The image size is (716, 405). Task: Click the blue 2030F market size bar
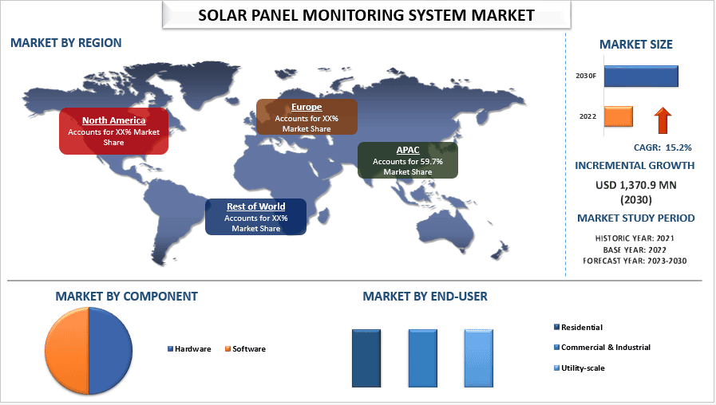pyautogui.click(x=641, y=77)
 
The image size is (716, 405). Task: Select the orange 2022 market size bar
pyautogui.click(x=619, y=116)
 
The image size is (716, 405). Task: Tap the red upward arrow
pyautogui.click(x=663, y=120)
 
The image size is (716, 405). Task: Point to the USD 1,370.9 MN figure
pyautogui.click(x=636, y=185)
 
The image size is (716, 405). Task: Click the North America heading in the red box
pyautogui.click(x=113, y=120)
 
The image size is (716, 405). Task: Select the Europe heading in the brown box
pyautogui.click(x=307, y=107)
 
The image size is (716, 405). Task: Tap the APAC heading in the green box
pyautogui.click(x=408, y=150)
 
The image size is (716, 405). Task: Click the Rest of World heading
pyautogui.click(x=255, y=206)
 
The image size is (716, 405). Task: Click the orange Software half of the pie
pyautogui.click(x=67, y=350)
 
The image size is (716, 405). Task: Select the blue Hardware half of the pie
pyautogui.click(x=111, y=350)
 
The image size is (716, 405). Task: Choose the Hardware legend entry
pyautogui.click(x=189, y=349)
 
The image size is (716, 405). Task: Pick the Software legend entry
pyautogui.click(x=245, y=349)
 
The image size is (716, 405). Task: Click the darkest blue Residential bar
pyautogui.click(x=366, y=358)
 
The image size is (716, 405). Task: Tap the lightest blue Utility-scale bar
pyautogui.click(x=479, y=358)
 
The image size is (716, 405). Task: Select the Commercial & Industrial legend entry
pyautogui.click(x=603, y=347)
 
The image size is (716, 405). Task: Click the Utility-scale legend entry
pyautogui.click(x=579, y=368)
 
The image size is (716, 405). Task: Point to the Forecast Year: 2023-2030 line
pyautogui.click(x=635, y=261)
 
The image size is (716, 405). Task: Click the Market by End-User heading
pyautogui.click(x=425, y=297)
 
